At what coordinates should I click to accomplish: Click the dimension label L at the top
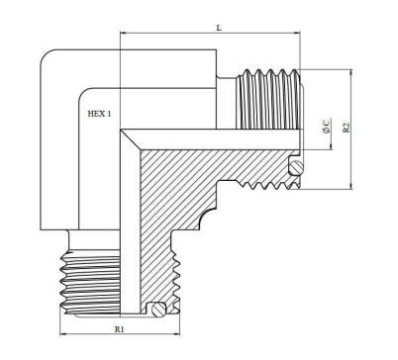[x=219, y=28]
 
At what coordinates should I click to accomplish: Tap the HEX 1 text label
[x=99, y=114]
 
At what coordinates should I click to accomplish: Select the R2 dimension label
[x=346, y=128]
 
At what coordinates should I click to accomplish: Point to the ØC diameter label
[x=326, y=127]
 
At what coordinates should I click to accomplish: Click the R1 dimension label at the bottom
[x=120, y=329]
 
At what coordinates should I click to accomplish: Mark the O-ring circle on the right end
[x=296, y=168]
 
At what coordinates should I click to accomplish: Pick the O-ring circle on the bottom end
[x=158, y=310]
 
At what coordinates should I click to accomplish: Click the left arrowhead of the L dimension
[x=123, y=33]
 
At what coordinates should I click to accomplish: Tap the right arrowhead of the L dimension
[x=297, y=33]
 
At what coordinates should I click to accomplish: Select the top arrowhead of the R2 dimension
[x=351, y=72]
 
